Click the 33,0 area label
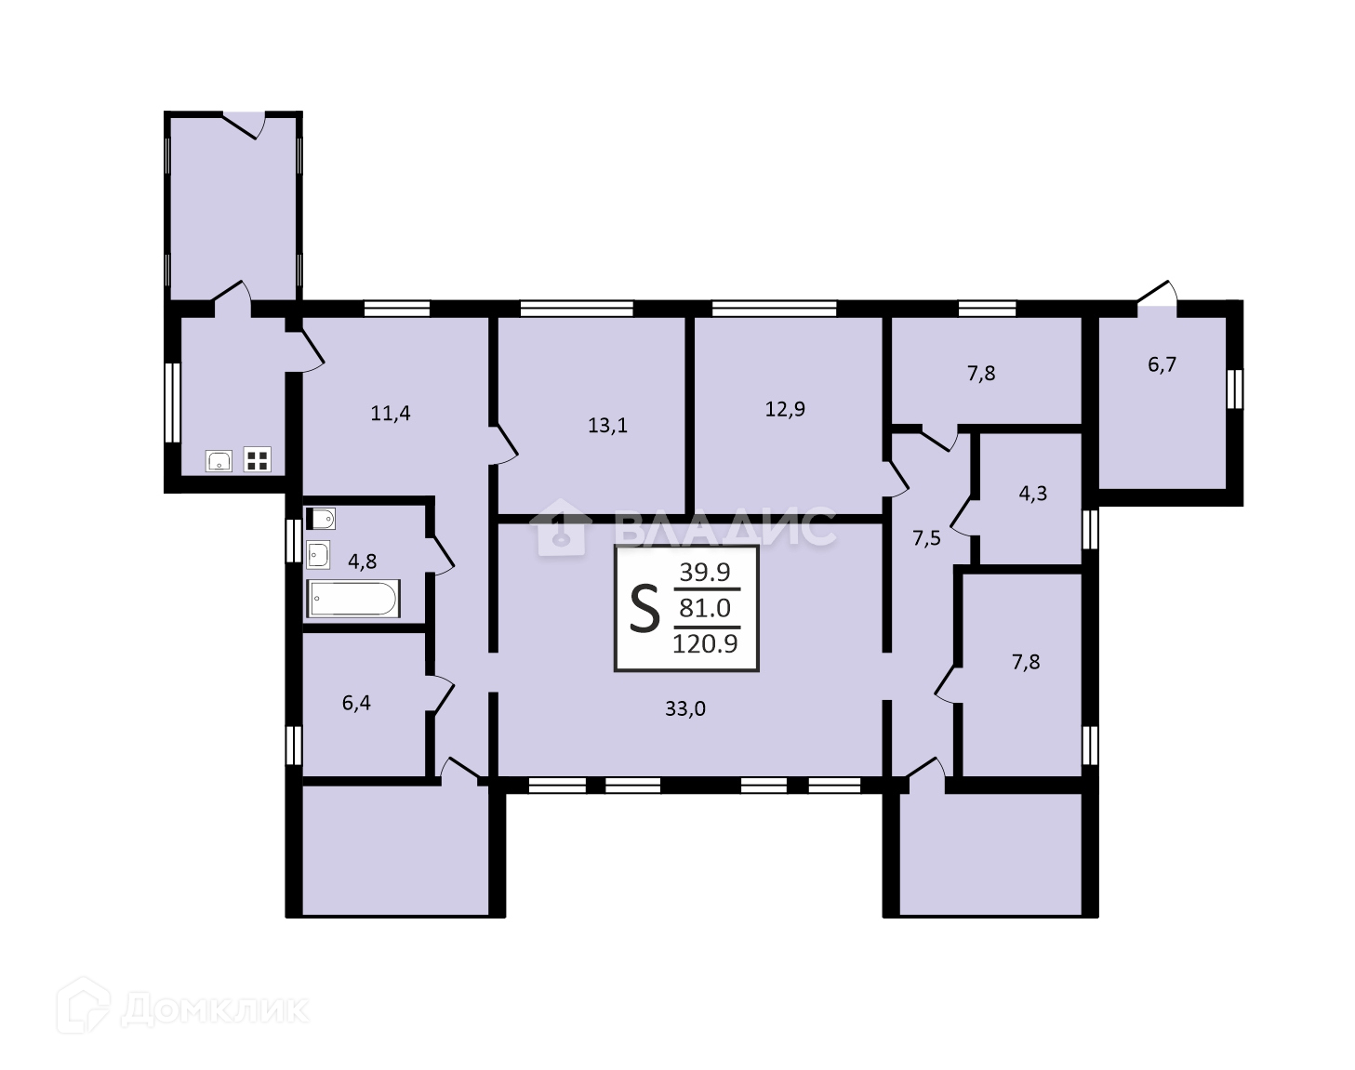click(685, 709)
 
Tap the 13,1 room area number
click(607, 426)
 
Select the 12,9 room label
click(785, 410)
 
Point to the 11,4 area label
click(391, 414)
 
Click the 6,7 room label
click(1162, 365)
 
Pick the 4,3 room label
click(1033, 494)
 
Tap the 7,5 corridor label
click(927, 539)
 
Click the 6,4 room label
click(356, 703)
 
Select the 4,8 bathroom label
click(363, 561)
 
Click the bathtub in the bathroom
click(353, 599)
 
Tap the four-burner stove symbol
click(257, 459)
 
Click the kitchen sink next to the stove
click(219, 461)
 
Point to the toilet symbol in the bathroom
click(321, 519)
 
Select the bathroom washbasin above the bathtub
click(318, 555)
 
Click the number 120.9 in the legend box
click(705, 644)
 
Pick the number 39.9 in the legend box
click(705, 572)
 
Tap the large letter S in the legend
click(644, 608)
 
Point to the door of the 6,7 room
click(1157, 295)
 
